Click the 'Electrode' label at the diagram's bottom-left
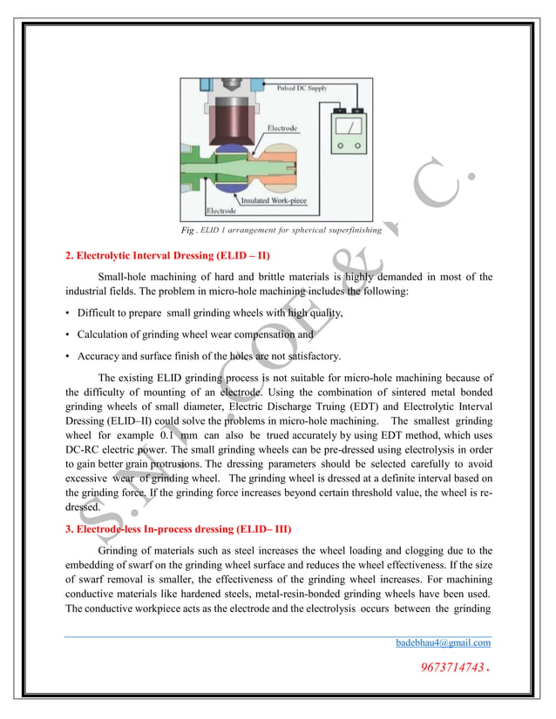220,211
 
